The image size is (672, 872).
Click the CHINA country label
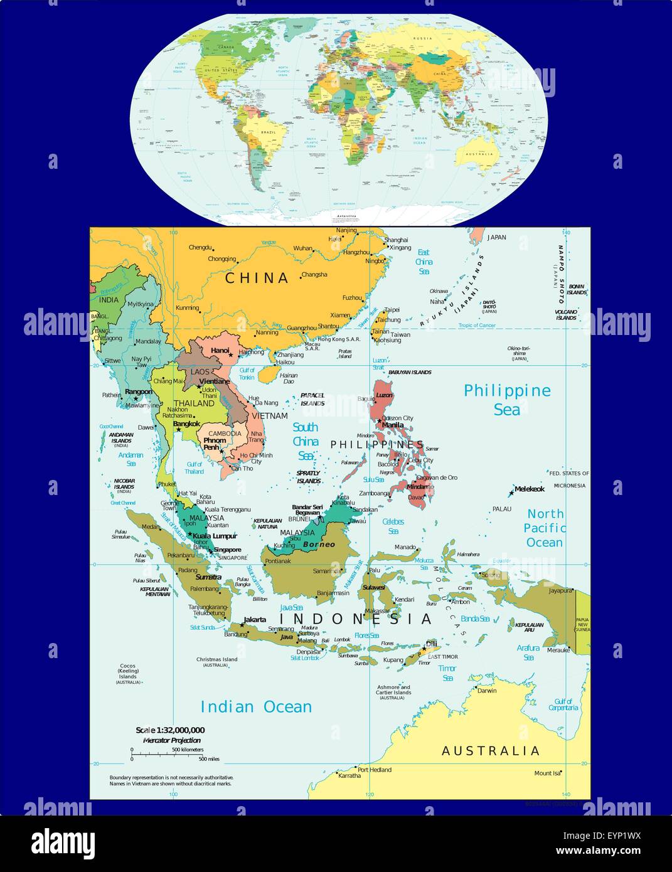click(x=257, y=278)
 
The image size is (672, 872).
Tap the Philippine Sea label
click(x=507, y=400)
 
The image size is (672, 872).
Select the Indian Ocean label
click(x=255, y=707)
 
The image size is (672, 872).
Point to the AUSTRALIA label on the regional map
click(x=491, y=751)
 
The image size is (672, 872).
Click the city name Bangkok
click(x=186, y=424)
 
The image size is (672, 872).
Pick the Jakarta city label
click(x=254, y=620)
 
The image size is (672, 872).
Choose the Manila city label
click(x=393, y=425)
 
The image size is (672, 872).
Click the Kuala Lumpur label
click(x=215, y=536)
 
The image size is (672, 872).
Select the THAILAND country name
click(x=194, y=403)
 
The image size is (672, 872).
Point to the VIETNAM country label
click(x=270, y=416)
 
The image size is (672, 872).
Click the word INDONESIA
click(x=356, y=619)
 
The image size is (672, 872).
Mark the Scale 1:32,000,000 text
click(x=170, y=730)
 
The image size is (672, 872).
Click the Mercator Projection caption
click(x=172, y=740)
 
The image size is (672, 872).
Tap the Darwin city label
click(x=486, y=691)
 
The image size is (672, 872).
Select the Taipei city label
click(x=392, y=310)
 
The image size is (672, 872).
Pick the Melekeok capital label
click(x=530, y=489)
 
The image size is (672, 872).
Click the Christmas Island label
click(x=216, y=659)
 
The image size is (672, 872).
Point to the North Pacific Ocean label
click(x=545, y=528)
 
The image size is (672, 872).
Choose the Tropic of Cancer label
click(x=477, y=325)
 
